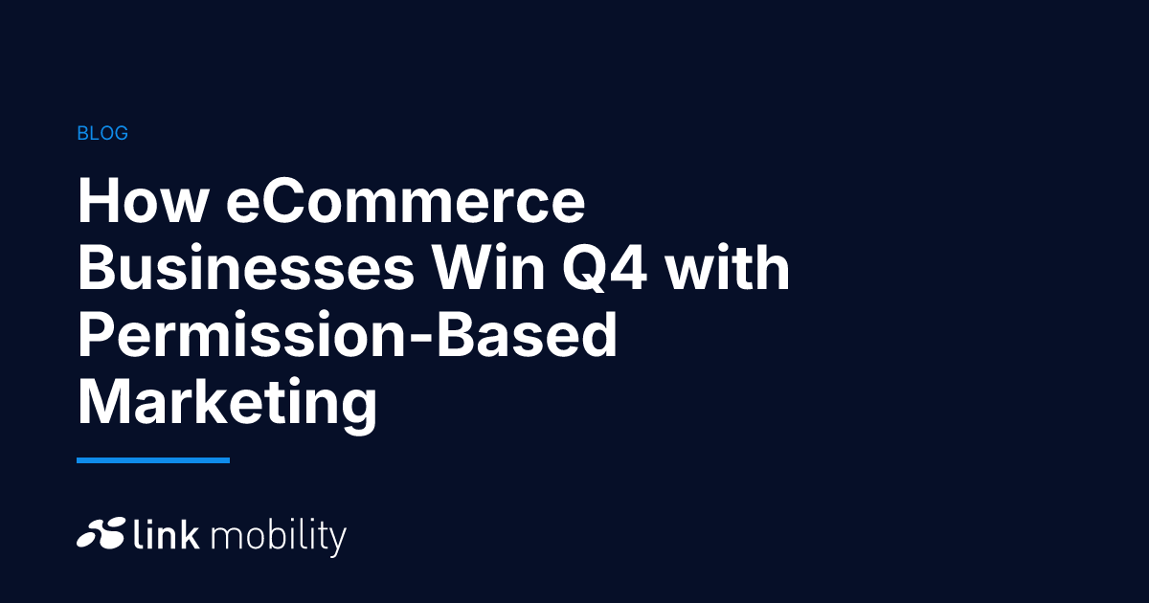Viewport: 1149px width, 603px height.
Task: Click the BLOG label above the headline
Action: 102,134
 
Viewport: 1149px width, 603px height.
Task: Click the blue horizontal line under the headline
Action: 153,460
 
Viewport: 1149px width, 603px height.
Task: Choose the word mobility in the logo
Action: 278,536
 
